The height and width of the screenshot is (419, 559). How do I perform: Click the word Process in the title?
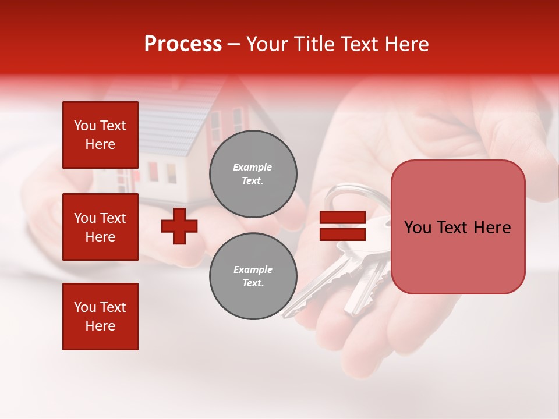pyautogui.click(x=183, y=44)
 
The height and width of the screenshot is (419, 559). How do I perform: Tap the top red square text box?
pyautogui.click(x=100, y=135)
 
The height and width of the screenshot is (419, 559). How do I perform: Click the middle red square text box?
pyautogui.click(x=100, y=227)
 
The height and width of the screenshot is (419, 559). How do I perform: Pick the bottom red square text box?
pyautogui.click(x=100, y=316)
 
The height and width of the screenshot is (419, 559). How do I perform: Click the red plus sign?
pyautogui.click(x=179, y=226)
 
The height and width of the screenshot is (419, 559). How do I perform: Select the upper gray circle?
pyautogui.click(x=253, y=174)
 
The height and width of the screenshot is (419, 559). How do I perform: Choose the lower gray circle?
pyautogui.click(x=253, y=276)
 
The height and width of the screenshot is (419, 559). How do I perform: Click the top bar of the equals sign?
pyautogui.click(x=342, y=217)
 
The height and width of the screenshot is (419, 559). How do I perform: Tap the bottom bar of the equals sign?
pyautogui.click(x=342, y=234)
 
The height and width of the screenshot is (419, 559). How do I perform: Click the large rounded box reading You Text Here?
pyautogui.click(x=458, y=227)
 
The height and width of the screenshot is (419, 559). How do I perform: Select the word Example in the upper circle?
pyautogui.click(x=252, y=167)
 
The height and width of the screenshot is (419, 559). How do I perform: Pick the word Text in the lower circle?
pyautogui.click(x=252, y=283)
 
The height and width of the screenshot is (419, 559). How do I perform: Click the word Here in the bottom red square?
pyautogui.click(x=100, y=326)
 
